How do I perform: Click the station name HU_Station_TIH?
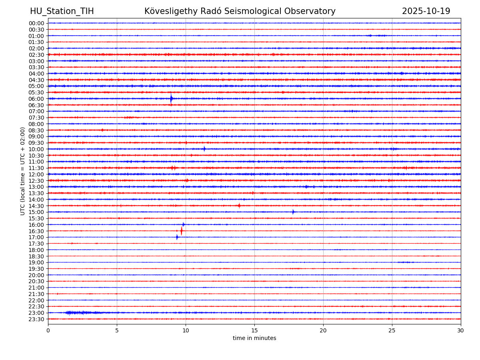62,11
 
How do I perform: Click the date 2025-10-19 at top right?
426,11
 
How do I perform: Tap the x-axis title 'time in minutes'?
254,338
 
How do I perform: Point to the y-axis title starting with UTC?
23,171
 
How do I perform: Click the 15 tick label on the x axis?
254,331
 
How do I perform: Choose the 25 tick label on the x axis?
392,331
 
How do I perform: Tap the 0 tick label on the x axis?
48,331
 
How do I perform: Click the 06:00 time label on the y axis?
36,99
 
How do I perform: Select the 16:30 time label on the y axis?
36,231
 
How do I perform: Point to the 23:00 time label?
36,313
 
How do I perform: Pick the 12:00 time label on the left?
36,174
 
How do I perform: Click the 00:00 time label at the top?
36,23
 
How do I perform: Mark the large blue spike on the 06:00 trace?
171,98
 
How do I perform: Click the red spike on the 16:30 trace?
181,231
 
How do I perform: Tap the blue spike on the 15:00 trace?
293,212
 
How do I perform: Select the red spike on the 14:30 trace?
239,206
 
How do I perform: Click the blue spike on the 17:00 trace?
177,237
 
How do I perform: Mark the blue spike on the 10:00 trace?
204,149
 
